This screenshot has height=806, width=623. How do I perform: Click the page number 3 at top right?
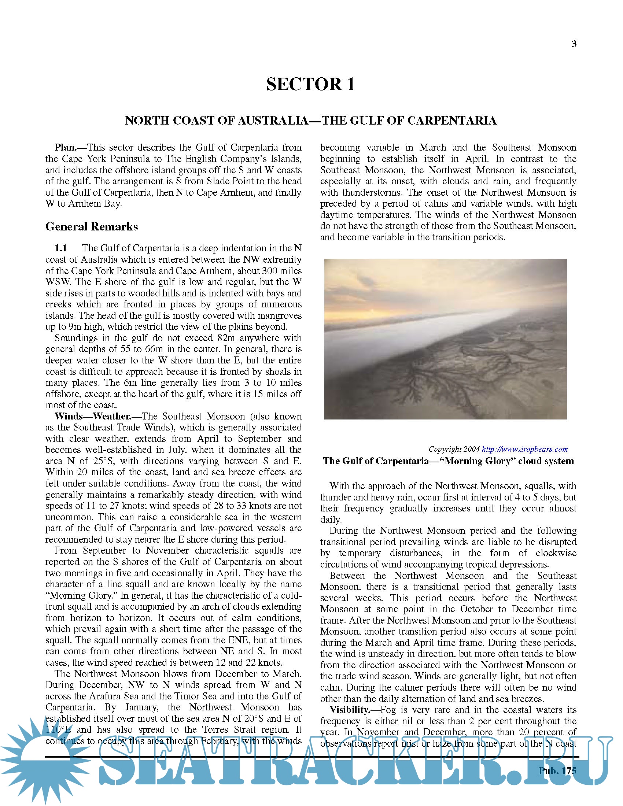(x=574, y=44)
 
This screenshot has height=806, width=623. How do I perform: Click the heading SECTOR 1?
(x=310, y=84)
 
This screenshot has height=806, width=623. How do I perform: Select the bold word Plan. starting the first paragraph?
(x=66, y=148)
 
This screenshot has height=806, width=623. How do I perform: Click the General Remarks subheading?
(x=92, y=226)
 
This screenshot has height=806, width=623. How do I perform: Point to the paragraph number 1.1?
(x=61, y=248)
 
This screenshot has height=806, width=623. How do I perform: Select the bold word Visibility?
(x=349, y=710)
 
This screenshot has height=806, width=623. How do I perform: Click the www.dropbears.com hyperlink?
(x=524, y=449)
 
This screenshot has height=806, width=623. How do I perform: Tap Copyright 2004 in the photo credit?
(x=454, y=449)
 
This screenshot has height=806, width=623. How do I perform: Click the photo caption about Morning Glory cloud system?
(x=448, y=461)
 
